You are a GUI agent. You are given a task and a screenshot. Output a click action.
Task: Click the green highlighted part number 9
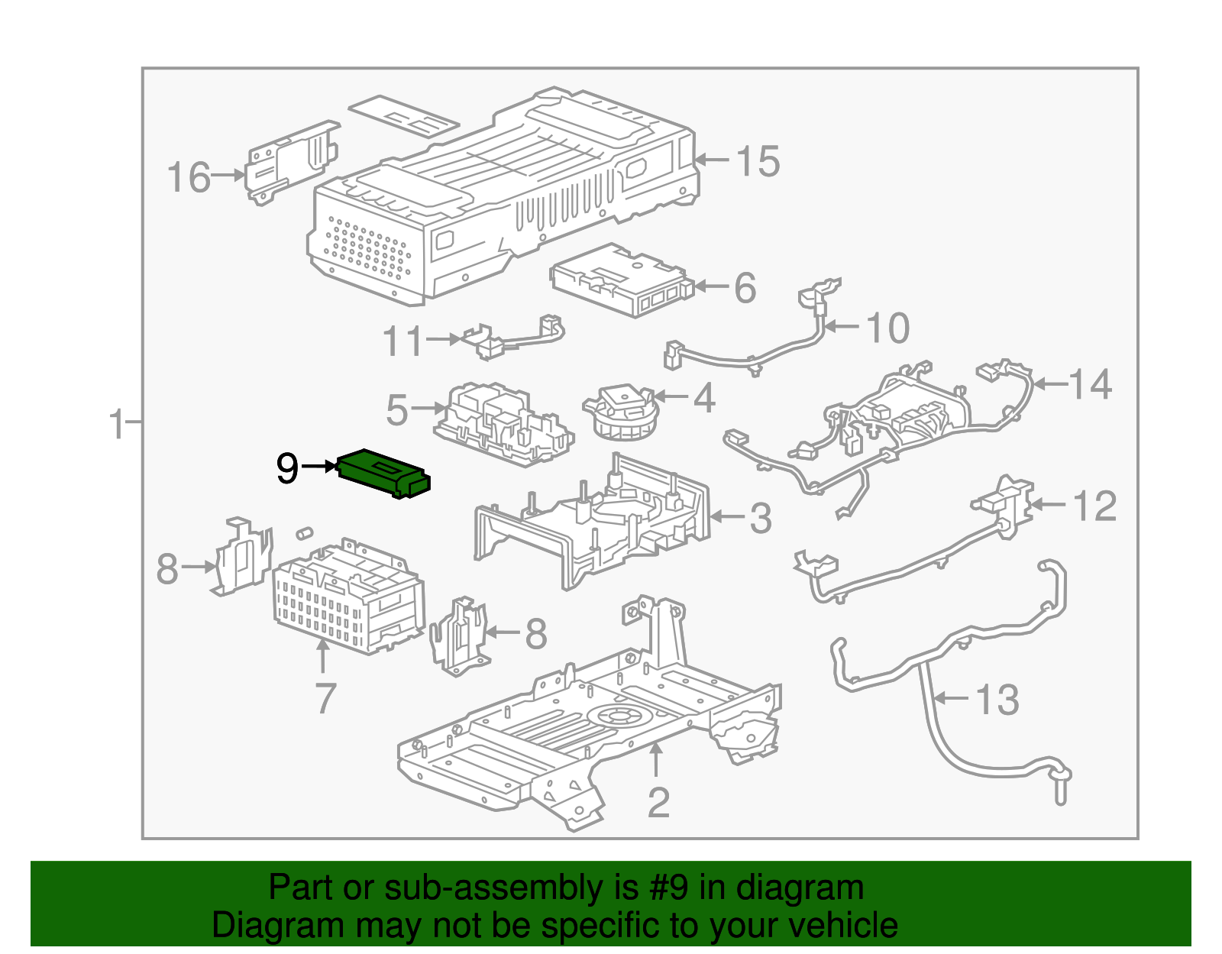(x=384, y=474)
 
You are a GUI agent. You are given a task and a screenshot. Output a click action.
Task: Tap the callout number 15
(x=758, y=161)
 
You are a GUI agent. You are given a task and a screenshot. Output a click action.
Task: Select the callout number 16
(x=189, y=177)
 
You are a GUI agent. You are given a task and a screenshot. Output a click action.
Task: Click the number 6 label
(x=745, y=288)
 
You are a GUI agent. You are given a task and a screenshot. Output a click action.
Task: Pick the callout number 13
(x=997, y=700)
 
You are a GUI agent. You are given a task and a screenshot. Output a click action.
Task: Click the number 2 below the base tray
(x=658, y=802)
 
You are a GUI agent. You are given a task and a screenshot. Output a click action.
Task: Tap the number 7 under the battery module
(x=325, y=698)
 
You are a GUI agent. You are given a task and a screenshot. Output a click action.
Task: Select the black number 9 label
(x=287, y=467)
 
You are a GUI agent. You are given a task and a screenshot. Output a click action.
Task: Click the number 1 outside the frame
(x=117, y=423)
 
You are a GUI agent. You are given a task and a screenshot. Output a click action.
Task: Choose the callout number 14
(x=1090, y=384)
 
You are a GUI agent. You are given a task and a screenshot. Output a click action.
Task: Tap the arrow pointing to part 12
(x=1049, y=504)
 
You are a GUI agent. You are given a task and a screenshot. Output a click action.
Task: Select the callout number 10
(x=887, y=328)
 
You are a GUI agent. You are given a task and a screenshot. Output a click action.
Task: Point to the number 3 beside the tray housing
(x=760, y=519)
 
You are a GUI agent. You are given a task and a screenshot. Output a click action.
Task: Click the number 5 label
(x=397, y=410)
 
